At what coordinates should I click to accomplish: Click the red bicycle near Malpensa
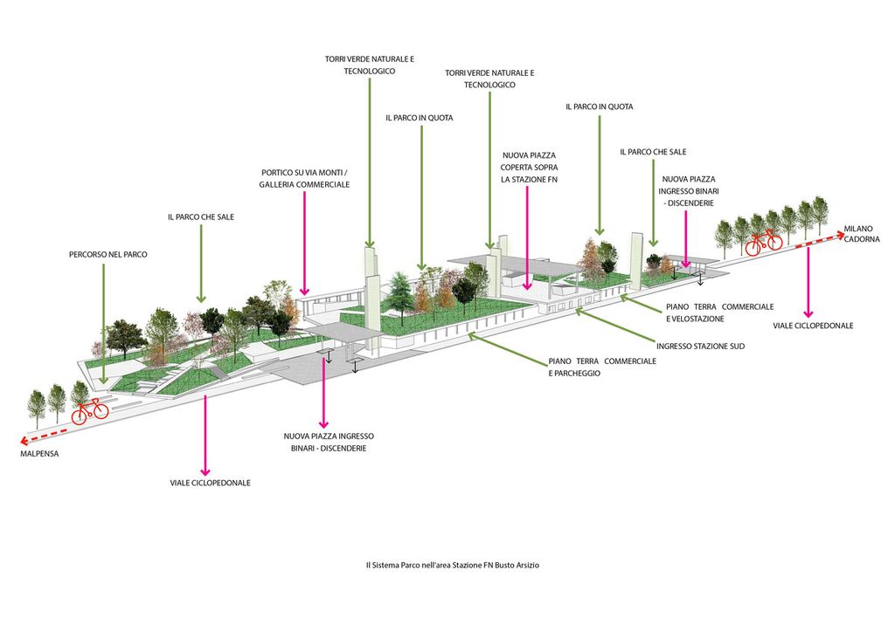[89, 409]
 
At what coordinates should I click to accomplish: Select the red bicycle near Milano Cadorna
[763, 242]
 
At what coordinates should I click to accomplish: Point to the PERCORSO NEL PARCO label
[108, 255]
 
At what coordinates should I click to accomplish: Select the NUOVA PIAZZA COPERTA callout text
[530, 167]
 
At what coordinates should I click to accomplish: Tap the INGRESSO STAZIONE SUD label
[700, 347]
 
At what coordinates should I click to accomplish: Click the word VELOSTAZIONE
[695, 319]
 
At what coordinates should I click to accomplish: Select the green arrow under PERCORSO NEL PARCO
[103, 323]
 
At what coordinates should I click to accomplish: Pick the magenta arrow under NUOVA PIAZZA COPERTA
[527, 236]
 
